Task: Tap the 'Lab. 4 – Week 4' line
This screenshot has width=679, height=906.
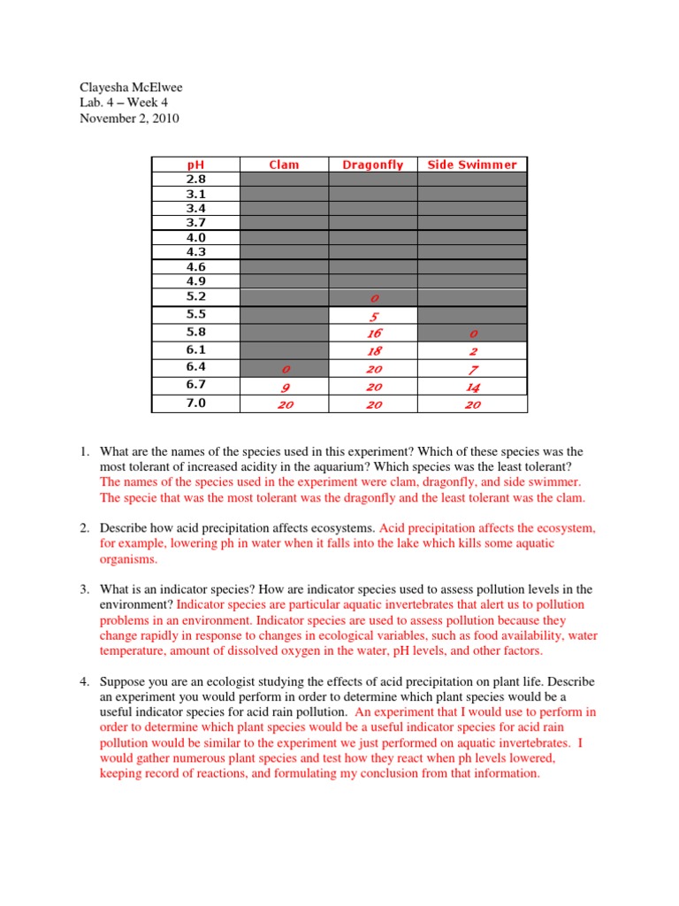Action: pos(114,103)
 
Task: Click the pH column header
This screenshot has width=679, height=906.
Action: pos(195,165)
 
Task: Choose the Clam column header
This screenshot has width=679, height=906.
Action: pos(284,165)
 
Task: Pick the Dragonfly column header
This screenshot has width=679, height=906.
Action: pos(372,165)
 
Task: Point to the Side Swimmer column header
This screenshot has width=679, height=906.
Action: pos(472,165)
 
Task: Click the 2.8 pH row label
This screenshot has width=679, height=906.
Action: pos(195,179)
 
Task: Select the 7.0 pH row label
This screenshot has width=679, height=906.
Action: pos(195,403)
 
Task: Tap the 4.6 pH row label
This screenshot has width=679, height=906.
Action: pos(195,266)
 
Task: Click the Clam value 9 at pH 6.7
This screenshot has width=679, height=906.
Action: pos(284,387)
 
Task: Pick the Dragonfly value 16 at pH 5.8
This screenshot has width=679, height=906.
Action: pos(372,334)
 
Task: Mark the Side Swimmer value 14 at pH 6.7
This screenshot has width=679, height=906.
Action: pos(472,387)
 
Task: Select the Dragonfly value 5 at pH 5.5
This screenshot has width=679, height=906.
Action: pos(372,316)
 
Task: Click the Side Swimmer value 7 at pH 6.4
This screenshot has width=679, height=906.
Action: pos(472,369)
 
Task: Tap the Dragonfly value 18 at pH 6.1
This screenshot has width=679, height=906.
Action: pos(372,351)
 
